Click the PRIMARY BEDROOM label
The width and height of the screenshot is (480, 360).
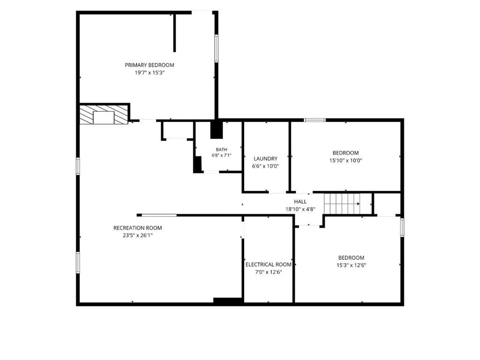pos(150,65)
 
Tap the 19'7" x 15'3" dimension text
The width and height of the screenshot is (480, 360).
pos(150,73)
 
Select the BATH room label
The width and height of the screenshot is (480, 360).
pos(221,150)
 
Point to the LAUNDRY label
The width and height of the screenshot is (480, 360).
pos(265,158)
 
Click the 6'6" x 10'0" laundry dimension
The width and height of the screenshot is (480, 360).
pos(265,166)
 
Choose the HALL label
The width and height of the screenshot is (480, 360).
pos(300,202)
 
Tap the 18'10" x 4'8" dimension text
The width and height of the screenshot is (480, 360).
pos(300,209)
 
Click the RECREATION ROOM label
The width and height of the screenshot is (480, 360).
pos(137,228)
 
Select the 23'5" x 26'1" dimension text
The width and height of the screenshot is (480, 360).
pos(138,235)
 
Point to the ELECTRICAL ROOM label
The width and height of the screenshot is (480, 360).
pos(269,264)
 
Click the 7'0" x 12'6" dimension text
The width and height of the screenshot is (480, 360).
pos(269,272)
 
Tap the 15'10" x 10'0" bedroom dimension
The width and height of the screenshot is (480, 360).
pos(345,160)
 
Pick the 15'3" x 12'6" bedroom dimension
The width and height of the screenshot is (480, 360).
pos(351,265)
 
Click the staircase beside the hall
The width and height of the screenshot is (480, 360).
pos(348,204)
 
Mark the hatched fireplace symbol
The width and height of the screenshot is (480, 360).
pos(104,115)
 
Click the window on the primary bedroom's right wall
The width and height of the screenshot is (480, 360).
pos(216,48)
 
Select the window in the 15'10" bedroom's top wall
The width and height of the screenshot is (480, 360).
pos(315,120)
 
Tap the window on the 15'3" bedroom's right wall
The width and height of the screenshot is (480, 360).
pos(402,227)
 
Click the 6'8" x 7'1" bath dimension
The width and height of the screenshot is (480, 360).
pos(221,155)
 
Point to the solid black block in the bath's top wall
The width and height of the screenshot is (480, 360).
pos(217,130)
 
